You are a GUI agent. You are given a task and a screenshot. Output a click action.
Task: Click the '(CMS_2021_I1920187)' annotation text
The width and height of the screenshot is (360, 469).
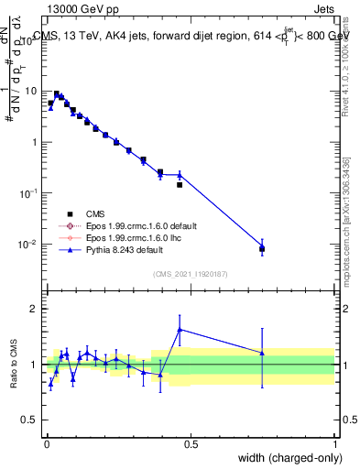[x=191, y=273]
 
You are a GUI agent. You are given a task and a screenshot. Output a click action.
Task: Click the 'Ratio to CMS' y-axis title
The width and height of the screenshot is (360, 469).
[x=14, y=365]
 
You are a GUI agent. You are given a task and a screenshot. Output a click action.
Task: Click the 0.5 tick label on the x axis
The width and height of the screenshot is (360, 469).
[x=191, y=444]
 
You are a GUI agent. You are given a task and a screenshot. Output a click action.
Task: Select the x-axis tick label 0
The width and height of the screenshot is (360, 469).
[x=47, y=444]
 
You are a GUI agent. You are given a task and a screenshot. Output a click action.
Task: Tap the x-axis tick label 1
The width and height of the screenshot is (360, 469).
[x=334, y=444]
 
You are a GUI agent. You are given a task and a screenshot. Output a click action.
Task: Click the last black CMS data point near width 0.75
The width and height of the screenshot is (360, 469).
[x=262, y=248]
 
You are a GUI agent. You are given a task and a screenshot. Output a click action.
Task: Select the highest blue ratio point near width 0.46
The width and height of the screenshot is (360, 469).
[x=180, y=329]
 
